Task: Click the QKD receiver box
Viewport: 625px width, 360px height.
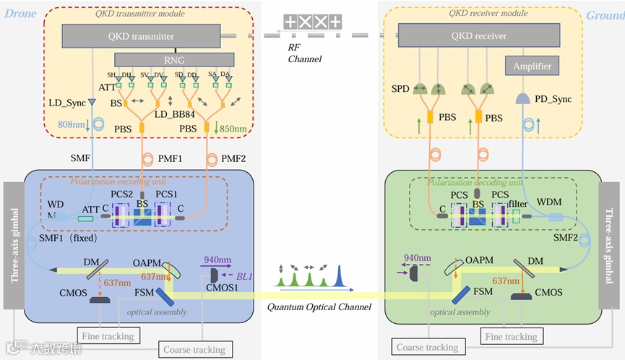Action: (x=479, y=35)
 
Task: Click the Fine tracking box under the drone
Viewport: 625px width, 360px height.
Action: (x=108, y=336)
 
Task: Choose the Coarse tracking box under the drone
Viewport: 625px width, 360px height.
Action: (x=194, y=350)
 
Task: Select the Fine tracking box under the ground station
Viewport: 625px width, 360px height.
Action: (x=511, y=336)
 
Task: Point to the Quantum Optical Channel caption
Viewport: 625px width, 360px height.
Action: (x=310, y=307)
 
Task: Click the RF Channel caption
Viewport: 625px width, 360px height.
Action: (x=304, y=53)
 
